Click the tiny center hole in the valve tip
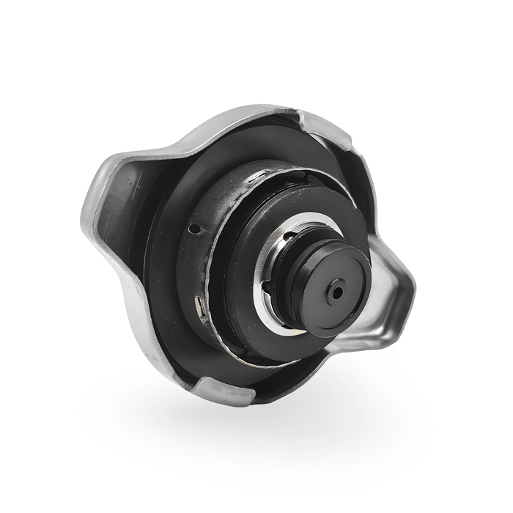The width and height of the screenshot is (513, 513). pos(336,291)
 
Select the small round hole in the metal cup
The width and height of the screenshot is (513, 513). pos(194,229)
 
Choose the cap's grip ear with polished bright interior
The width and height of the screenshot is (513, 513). pos(388,293)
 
